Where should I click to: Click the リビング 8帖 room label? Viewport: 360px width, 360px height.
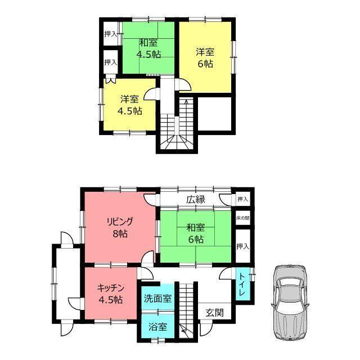tap(120, 228)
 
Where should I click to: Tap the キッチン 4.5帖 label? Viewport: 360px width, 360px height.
tap(111, 294)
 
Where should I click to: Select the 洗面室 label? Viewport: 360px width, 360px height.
tap(157, 299)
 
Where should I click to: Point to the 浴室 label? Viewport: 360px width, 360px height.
tap(157, 326)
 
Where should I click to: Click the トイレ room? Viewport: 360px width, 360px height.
tap(243, 284)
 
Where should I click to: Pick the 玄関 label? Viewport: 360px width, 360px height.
tap(214, 313)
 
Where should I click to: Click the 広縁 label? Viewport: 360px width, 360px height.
tap(196, 200)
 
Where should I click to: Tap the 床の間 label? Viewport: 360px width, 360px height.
tap(242, 218)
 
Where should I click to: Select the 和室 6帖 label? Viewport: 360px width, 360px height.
tap(196, 234)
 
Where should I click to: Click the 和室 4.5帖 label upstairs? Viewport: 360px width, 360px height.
tap(148, 48)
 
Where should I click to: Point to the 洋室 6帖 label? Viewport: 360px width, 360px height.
tap(205, 57)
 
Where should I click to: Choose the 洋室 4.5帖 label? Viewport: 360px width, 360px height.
tap(130, 105)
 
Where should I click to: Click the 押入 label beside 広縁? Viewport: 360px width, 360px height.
tap(242, 199)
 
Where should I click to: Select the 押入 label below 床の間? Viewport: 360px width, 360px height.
tap(242, 246)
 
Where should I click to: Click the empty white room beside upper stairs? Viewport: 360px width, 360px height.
tap(214, 114)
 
